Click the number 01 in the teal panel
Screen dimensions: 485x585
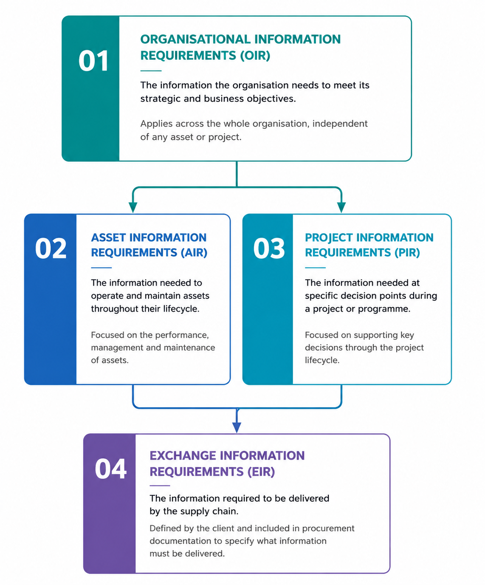pyautogui.click(x=93, y=61)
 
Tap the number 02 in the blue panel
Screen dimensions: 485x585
pyautogui.click(x=51, y=248)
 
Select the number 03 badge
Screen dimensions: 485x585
pyautogui.click(x=269, y=248)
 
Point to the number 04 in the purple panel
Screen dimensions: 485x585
pyautogui.click(x=110, y=469)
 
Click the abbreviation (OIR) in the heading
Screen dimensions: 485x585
pyautogui.click(x=255, y=56)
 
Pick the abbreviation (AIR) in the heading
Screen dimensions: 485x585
pyautogui.click(x=194, y=253)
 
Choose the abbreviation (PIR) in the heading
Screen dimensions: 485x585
pyautogui.click(x=407, y=253)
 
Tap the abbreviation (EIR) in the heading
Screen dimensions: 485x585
pyautogui.click(x=261, y=472)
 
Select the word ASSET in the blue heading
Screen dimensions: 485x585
pyautogui.click(x=108, y=237)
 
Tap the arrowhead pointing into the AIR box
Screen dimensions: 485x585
pyautogui.click(x=133, y=207)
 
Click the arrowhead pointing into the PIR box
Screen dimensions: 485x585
pyautogui.click(x=341, y=207)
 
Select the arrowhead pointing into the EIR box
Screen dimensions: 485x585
pyautogui.click(x=237, y=427)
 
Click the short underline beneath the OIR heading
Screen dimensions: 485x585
pyautogui.click(x=151, y=71)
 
